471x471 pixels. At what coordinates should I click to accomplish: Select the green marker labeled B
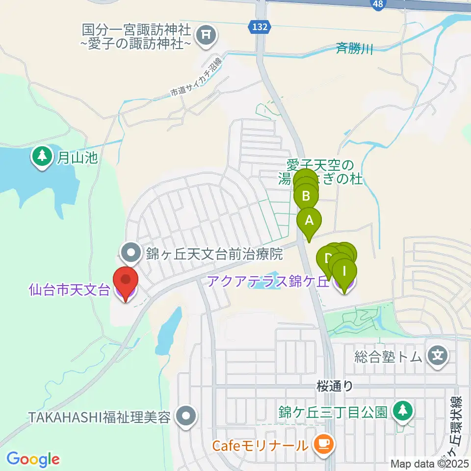coord(306,196)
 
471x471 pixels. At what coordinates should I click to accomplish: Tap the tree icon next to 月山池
coord(42,157)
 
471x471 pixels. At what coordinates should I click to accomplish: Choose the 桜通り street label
coord(335,387)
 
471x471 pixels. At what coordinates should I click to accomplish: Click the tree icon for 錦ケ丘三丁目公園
coord(402,410)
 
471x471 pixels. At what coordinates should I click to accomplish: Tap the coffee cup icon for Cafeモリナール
coord(323,445)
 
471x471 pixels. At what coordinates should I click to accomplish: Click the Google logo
coord(33,460)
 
